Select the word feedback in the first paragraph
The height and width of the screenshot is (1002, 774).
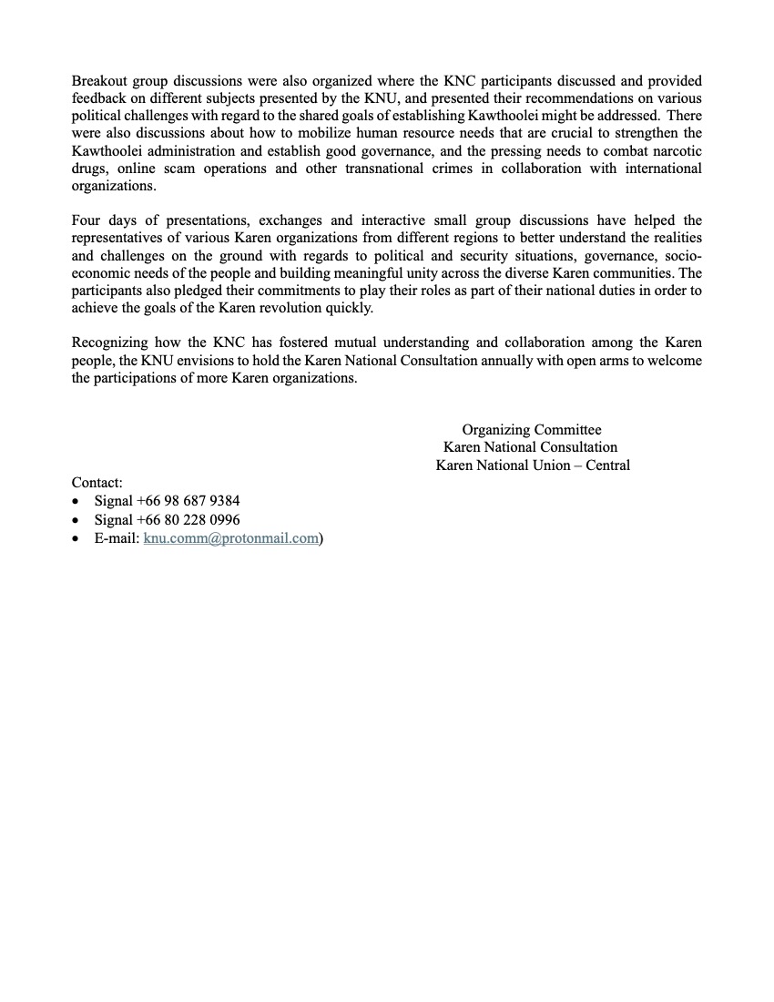tap(100, 99)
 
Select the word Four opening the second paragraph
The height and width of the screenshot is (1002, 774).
tap(87, 220)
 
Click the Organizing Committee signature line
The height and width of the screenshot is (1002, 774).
tap(532, 430)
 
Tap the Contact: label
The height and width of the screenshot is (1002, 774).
tap(97, 483)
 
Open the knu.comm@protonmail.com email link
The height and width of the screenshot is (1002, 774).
tap(231, 537)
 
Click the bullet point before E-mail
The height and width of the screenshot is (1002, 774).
tap(76, 538)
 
